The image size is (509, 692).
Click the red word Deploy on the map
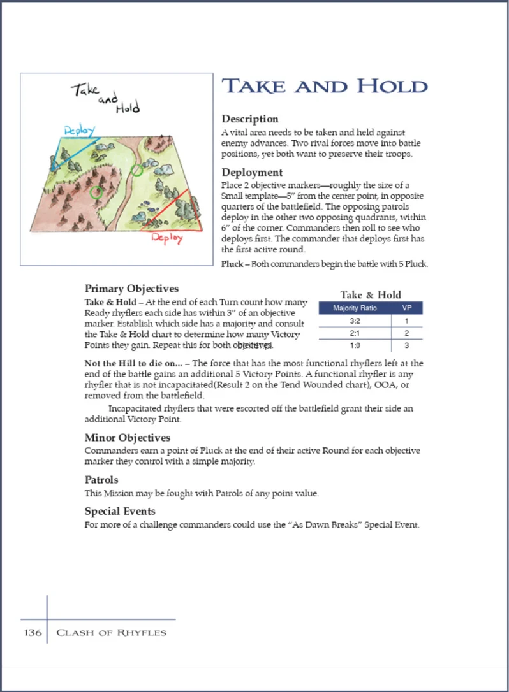point(166,238)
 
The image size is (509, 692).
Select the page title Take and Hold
point(324,87)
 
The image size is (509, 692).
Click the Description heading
point(249,119)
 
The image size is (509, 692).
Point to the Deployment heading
point(251,172)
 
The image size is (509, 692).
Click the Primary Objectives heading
point(131,289)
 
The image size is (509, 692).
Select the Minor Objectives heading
point(127,438)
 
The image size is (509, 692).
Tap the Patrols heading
point(101,480)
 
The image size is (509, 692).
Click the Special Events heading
point(120,511)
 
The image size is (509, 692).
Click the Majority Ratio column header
point(355,308)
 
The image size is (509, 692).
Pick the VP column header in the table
point(406,308)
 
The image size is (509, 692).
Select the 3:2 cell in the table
point(355,321)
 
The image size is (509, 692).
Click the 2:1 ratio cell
point(355,334)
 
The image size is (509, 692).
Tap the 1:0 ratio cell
point(355,346)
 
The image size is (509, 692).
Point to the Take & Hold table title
point(371,294)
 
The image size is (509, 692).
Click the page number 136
point(33,633)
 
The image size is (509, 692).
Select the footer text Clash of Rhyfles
point(112,633)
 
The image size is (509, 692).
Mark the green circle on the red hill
point(96,191)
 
